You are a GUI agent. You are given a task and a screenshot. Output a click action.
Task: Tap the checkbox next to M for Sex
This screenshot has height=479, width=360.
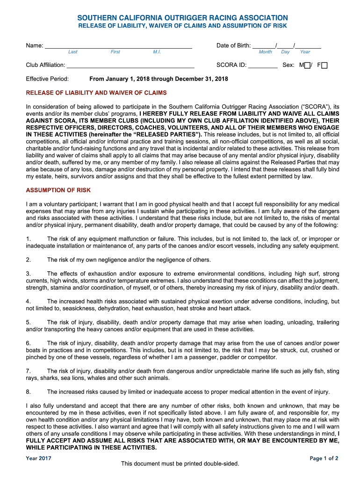(x=307, y=65)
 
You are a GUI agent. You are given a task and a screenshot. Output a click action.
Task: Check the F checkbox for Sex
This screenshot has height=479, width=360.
(x=324, y=65)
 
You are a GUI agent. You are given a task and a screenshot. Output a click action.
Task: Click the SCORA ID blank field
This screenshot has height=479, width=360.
(x=263, y=65)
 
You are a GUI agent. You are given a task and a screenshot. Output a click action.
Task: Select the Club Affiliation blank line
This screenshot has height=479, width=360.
(x=130, y=65)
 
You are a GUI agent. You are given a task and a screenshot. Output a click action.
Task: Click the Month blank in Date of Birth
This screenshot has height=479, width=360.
(x=264, y=46)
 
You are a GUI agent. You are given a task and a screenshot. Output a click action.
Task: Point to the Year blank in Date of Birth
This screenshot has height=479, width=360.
(x=308, y=46)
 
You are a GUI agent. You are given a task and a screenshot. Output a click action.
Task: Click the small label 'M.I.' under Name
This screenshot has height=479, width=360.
(x=157, y=52)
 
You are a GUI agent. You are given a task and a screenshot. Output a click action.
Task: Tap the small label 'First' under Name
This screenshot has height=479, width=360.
(x=115, y=52)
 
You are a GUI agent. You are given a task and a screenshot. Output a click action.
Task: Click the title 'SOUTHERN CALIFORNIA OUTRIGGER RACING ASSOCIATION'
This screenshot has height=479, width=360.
(x=182, y=18)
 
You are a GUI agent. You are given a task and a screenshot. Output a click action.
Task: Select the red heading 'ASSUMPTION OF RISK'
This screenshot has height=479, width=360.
(x=58, y=190)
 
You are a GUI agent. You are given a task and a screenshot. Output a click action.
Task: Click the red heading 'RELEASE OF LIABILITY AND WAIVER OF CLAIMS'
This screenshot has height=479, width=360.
(x=96, y=93)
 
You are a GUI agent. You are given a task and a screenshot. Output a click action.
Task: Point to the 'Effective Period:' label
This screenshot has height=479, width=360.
(x=47, y=79)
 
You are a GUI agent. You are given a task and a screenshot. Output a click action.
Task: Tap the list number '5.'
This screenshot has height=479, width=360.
(x=29, y=322)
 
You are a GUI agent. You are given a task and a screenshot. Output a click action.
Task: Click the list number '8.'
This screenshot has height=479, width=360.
(x=29, y=392)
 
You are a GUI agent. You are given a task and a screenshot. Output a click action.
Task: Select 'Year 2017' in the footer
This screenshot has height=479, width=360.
(x=38, y=458)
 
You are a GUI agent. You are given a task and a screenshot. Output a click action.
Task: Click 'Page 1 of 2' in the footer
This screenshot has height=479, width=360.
(x=324, y=458)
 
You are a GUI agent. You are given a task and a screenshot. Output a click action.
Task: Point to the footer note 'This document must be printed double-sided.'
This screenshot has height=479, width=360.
(x=180, y=464)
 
